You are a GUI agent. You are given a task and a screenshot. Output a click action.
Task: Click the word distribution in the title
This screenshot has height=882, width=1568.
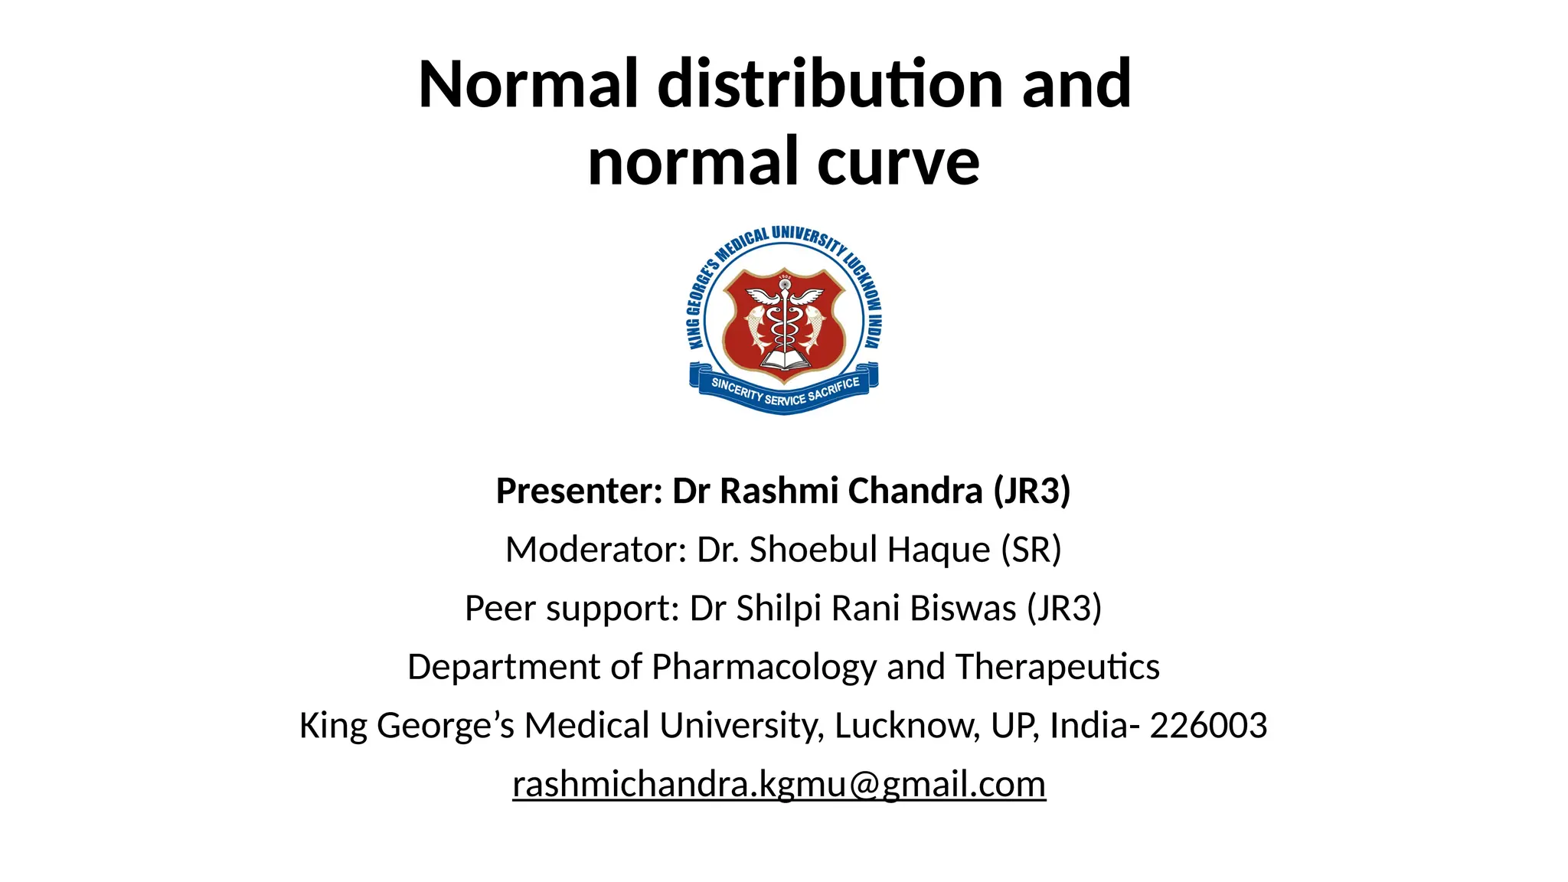pos(832,83)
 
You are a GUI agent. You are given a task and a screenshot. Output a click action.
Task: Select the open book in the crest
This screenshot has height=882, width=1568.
pos(784,361)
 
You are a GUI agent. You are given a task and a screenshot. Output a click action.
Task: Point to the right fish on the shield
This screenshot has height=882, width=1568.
pos(814,326)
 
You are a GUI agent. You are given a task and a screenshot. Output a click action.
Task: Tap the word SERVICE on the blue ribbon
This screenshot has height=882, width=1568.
pos(785,399)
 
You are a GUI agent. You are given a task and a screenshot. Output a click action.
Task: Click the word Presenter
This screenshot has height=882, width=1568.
pos(579,491)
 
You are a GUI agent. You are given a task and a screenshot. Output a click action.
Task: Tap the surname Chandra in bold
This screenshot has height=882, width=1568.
pos(915,491)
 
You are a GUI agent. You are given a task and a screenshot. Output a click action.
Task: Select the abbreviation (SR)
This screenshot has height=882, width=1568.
pos(1031,550)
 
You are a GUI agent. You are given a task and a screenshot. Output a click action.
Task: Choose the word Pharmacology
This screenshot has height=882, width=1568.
pos(763,667)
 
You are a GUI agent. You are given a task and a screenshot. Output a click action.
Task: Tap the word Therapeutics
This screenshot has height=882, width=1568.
pos(1057,667)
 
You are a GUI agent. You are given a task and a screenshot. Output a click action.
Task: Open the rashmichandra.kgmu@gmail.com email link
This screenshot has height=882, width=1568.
pos(779,784)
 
